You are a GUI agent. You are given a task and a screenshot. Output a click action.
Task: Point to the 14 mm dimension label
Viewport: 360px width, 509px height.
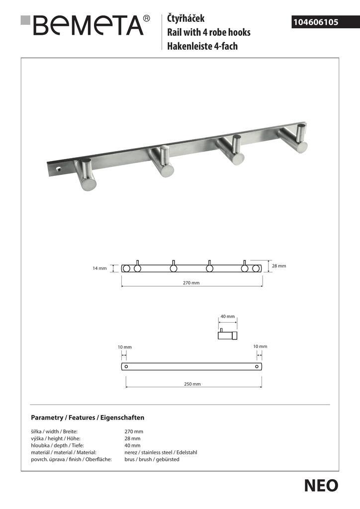coord(99,268)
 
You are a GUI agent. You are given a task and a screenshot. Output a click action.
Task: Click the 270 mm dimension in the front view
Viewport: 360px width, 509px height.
coord(191,282)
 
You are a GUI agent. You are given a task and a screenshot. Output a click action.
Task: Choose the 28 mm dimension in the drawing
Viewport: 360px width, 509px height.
coord(279,266)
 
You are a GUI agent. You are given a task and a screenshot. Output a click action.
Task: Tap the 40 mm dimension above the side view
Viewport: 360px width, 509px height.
coord(227,317)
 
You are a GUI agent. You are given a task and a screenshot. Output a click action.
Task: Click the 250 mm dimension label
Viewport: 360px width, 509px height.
coord(193,384)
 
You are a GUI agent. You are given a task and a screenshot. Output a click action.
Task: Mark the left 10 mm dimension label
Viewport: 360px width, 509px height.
coord(125,346)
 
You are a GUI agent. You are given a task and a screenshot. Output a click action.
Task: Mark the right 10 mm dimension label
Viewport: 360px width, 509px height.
coord(260,346)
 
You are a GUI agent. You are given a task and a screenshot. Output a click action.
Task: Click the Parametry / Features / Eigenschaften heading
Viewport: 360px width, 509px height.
coord(88,418)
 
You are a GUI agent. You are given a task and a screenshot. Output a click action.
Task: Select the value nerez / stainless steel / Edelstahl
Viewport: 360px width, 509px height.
coord(161,452)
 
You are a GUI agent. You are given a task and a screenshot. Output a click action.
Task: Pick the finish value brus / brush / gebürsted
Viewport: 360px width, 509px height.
coord(152,459)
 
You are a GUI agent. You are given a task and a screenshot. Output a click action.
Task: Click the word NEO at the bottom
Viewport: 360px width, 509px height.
coord(321,486)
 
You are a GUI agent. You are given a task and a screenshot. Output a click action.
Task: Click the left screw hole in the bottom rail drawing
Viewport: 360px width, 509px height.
coord(126,367)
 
